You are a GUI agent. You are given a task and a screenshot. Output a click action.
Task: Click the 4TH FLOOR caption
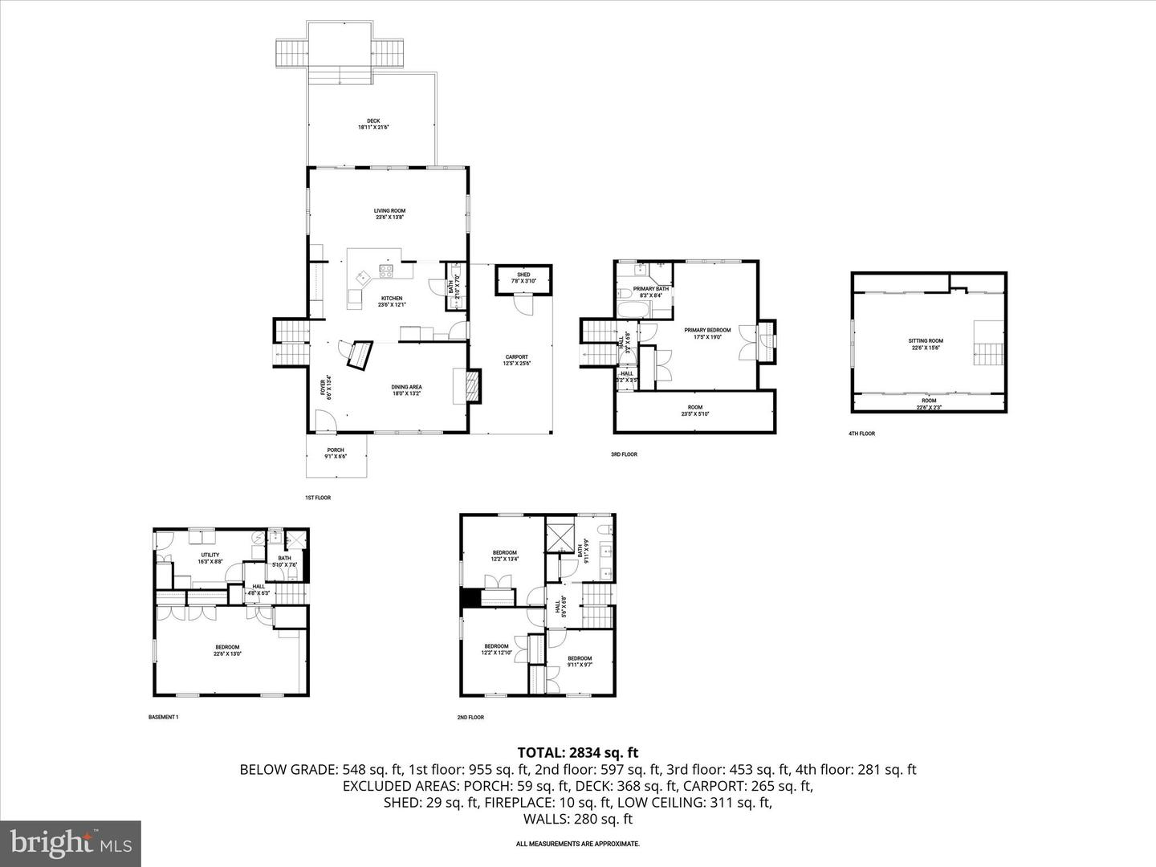(x=861, y=433)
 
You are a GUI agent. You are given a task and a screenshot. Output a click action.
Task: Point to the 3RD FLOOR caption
(x=623, y=454)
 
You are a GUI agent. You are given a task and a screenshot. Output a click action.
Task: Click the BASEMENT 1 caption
(x=164, y=717)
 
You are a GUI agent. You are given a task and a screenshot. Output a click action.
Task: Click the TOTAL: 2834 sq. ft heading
(x=577, y=752)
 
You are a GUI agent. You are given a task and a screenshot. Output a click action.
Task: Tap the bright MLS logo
(x=71, y=843)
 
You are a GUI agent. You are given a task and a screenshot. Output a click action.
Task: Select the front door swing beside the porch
(x=324, y=421)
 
